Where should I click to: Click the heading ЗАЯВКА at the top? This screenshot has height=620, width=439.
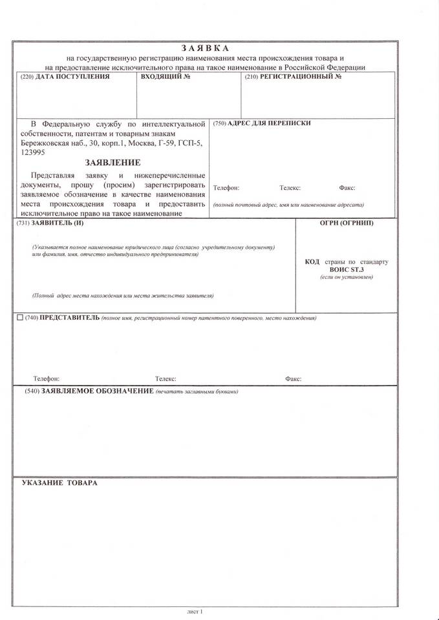point(205,48)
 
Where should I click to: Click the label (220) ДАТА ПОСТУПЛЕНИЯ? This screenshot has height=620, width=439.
point(65,77)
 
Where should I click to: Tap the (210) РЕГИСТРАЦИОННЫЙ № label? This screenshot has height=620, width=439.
point(293,77)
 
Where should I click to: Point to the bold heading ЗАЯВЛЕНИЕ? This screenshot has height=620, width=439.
point(112,163)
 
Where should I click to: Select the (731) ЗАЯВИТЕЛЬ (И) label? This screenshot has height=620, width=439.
point(52,223)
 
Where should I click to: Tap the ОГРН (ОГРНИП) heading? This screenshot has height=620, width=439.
point(347,223)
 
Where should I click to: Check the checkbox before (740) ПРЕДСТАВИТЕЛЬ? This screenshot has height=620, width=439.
point(19,318)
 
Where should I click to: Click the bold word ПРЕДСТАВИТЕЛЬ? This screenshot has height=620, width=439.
point(70,318)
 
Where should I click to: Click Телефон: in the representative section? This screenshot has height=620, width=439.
point(47,379)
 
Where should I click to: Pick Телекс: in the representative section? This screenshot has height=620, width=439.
point(166,379)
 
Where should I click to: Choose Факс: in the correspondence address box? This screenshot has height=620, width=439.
point(347,188)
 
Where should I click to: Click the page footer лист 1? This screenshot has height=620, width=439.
point(195,610)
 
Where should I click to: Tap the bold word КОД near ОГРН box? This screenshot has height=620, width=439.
point(312,262)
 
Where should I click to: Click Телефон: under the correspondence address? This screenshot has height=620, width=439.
point(226,188)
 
